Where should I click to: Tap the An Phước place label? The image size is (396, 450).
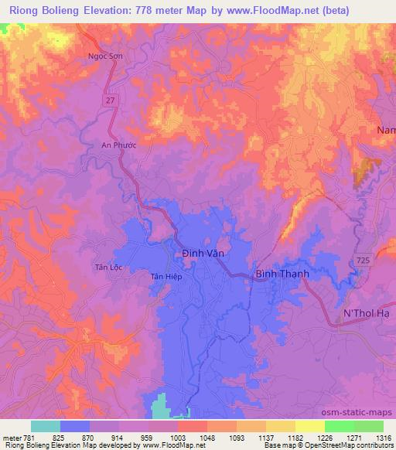click(x=118, y=145)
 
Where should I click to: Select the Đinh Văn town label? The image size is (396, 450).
click(x=203, y=253)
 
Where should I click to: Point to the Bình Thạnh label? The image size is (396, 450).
click(x=282, y=274)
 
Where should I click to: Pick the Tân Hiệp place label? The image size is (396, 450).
click(x=166, y=276)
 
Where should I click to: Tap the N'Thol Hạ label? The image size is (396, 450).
click(x=364, y=312)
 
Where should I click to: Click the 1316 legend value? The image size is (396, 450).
click(x=383, y=438)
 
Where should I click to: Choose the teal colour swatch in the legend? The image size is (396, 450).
click(x=46, y=426)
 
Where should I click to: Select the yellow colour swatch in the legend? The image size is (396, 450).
click(x=310, y=426)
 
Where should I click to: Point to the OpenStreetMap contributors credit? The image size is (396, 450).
click(x=346, y=446)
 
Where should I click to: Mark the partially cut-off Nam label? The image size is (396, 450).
click(x=385, y=131)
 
